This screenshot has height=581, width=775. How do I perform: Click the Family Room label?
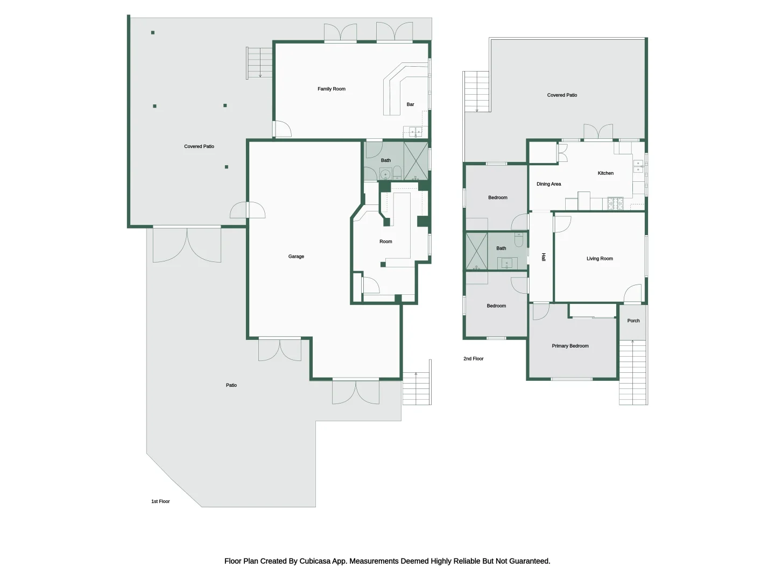pyautogui.click(x=331, y=89)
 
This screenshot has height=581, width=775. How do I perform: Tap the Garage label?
pyautogui.click(x=296, y=257)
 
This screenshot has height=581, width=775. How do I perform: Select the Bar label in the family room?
pyautogui.click(x=410, y=104)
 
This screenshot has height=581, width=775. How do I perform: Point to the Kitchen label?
pyautogui.click(x=605, y=173)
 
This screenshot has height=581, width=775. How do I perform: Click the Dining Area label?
pyautogui.click(x=548, y=184)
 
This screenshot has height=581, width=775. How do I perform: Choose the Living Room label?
pyautogui.click(x=600, y=259)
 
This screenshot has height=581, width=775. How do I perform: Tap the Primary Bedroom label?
pyautogui.click(x=570, y=346)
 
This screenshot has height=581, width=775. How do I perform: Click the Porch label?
pyautogui.click(x=633, y=321)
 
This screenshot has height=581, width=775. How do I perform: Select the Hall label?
pyautogui.click(x=544, y=257)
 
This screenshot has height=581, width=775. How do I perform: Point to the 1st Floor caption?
pyautogui.click(x=160, y=501)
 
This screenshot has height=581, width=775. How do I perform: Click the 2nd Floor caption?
pyautogui.click(x=474, y=359)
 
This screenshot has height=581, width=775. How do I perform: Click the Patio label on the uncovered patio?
pyautogui.click(x=231, y=385)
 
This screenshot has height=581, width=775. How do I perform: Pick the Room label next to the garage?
pyautogui.click(x=385, y=242)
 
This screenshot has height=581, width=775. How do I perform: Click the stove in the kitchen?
pyautogui.click(x=615, y=203)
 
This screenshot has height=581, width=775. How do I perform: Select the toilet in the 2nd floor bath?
pyautogui.click(x=519, y=239)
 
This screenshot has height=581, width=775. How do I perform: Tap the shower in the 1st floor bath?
pyautogui.click(x=416, y=161)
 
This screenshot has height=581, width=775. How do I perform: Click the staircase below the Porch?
pyautogui.click(x=633, y=372)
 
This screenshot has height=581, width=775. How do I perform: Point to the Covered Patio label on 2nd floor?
pyautogui.click(x=562, y=95)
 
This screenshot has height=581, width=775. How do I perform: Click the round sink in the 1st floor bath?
pyautogui.click(x=385, y=174)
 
